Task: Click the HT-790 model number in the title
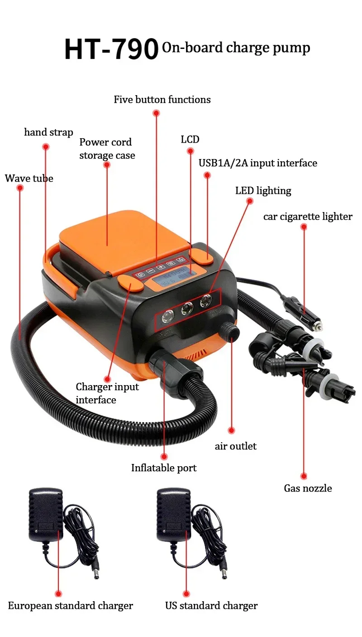pyautogui.click(x=111, y=49)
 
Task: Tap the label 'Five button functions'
pyautogui.click(x=162, y=99)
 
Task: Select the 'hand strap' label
pyautogui.click(x=48, y=132)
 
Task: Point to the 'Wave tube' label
pyautogui.click(x=29, y=178)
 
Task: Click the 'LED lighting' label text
pyautogui.click(x=263, y=190)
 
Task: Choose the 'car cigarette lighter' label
pyautogui.click(x=308, y=217)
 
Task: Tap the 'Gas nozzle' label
pyautogui.click(x=308, y=488)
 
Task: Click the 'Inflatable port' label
pyautogui.click(x=164, y=468)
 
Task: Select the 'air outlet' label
pyautogui.click(x=235, y=446)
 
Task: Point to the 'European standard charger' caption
pyautogui.click(x=71, y=606)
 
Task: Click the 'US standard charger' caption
pyautogui.click(x=211, y=606)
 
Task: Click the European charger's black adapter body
pyautogui.click(x=45, y=514)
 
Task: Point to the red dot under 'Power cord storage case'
pyautogui.click(x=107, y=165)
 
